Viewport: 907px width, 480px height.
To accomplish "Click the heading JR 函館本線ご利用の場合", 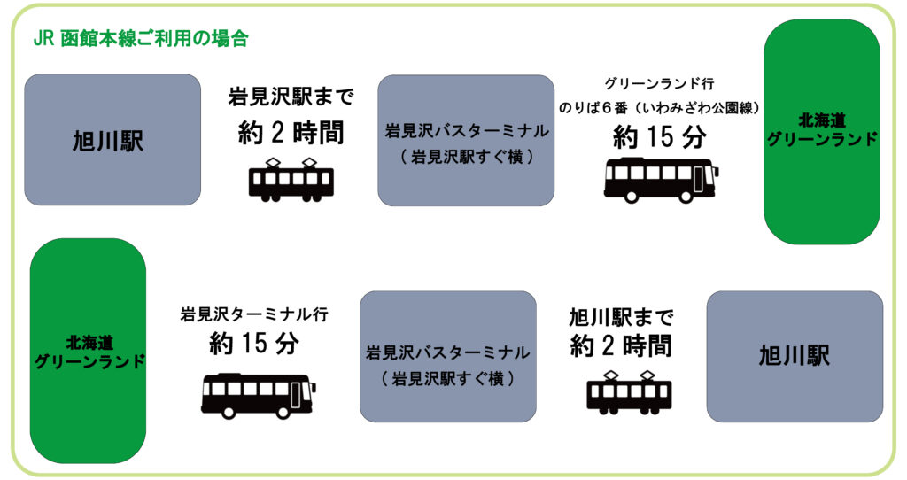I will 140,39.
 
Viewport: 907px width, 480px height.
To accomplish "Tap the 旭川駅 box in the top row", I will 112,140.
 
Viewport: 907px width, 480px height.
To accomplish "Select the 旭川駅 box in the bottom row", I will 795,356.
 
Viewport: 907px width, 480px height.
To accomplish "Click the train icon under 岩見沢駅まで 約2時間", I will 291,178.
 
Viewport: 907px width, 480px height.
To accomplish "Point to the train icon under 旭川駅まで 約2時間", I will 629,391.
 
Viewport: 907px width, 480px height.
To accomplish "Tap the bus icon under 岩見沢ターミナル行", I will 258,395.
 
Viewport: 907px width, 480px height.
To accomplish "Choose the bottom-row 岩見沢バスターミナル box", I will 448,356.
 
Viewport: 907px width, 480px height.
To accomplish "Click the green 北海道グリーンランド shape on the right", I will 822,131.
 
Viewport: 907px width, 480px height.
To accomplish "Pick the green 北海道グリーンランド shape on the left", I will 88,351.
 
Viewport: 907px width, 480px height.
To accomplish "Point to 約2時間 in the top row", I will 291,132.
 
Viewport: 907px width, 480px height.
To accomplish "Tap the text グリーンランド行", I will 659,84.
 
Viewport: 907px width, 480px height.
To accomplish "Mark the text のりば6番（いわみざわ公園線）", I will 659,107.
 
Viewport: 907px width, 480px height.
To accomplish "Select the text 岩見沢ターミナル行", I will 254,314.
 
